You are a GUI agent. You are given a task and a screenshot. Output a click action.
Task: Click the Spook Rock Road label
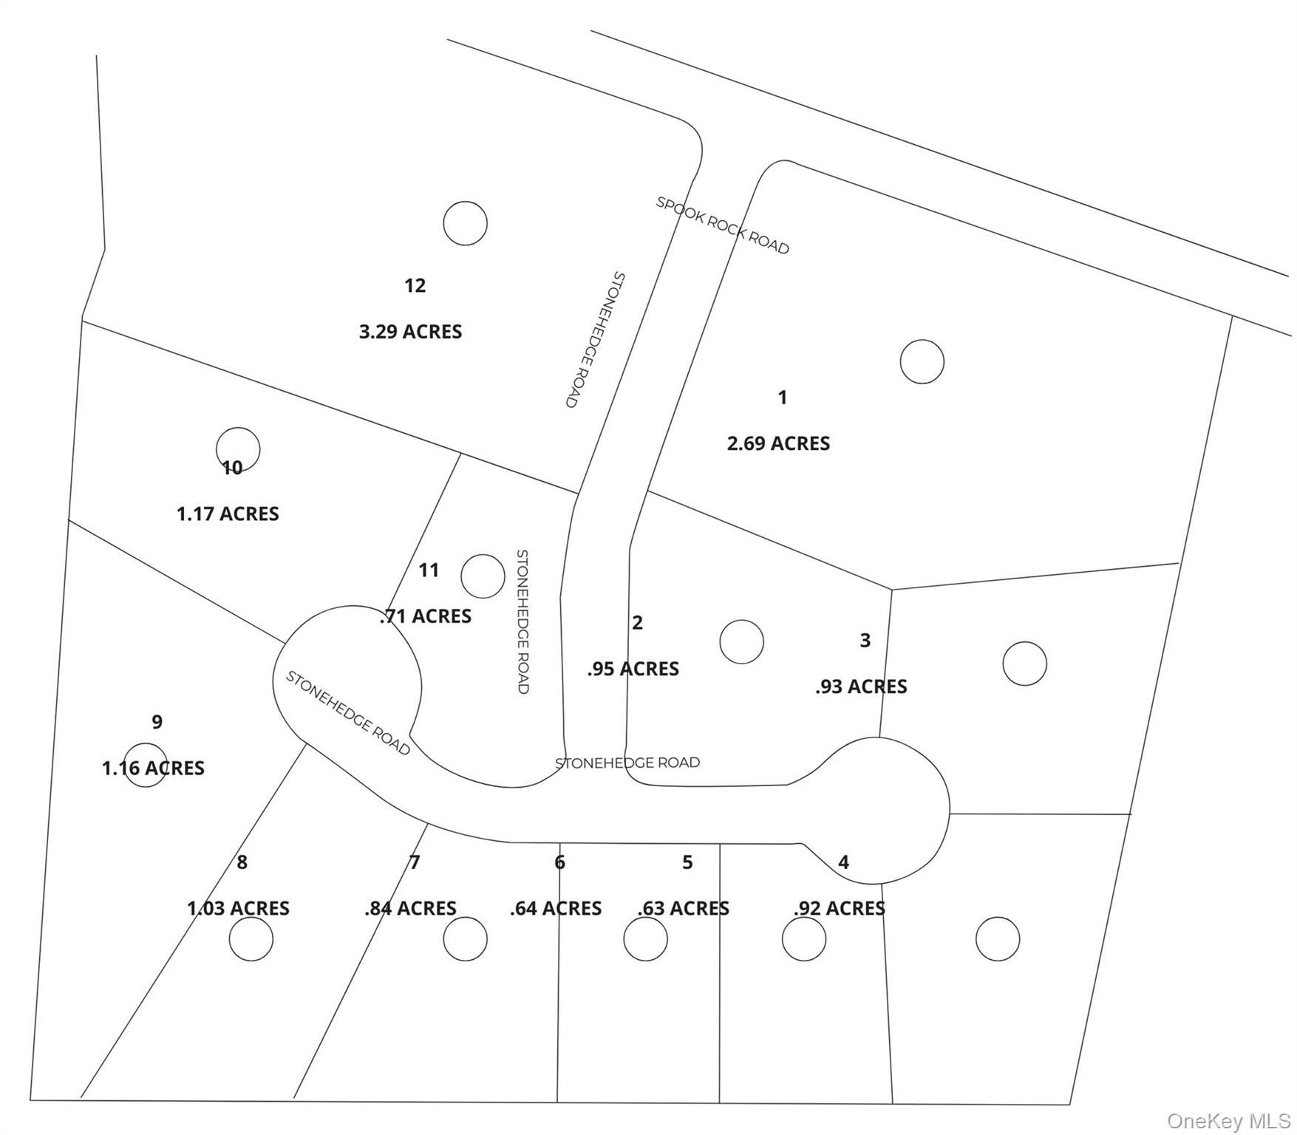pyautogui.click(x=722, y=225)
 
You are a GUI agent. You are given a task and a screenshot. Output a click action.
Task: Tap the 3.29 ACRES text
pyautogui.click(x=410, y=332)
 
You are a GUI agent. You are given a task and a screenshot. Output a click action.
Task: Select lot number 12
pyautogui.click(x=415, y=285)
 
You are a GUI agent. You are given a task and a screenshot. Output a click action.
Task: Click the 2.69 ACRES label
pyautogui.click(x=778, y=443)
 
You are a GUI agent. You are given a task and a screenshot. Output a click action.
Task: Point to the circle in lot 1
pyautogui.click(x=922, y=361)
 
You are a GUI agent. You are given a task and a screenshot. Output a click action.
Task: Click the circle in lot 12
pyautogui.click(x=465, y=223)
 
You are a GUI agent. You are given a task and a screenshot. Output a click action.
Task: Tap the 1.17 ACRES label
pyautogui.click(x=228, y=514)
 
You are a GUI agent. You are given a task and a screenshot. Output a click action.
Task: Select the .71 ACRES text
pyautogui.click(x=426, y=616)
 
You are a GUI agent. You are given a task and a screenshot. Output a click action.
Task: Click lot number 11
pyautogui.click(x=429, y=570)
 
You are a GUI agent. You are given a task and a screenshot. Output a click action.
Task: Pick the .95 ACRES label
pyautogui.click(x=633, y=669)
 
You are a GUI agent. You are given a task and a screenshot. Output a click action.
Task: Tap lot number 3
pyautogui.click(x=865, y=640)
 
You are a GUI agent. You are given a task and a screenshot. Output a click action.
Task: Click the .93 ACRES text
pyautogui.click(x=861, y=686)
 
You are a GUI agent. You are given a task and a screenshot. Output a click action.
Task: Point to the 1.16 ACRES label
pyautogui.click(x=153, y=768)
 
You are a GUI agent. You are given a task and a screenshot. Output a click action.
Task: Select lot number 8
pyautogui.click(x=242, y=862)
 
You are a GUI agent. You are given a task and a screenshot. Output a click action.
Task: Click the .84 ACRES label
pyautogui.click(x=410, y=908)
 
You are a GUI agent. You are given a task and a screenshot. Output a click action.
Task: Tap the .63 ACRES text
pyautogui.click(x=684, y=908)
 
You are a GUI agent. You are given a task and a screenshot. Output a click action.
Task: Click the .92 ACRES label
pyautogui.click(x=840, y=908)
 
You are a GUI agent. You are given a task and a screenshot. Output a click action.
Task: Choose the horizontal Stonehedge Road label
pyautogui.click(x=627, y=762)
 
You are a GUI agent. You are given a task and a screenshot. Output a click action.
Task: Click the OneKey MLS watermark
pyautogui.click(x=1228, y=1121)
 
